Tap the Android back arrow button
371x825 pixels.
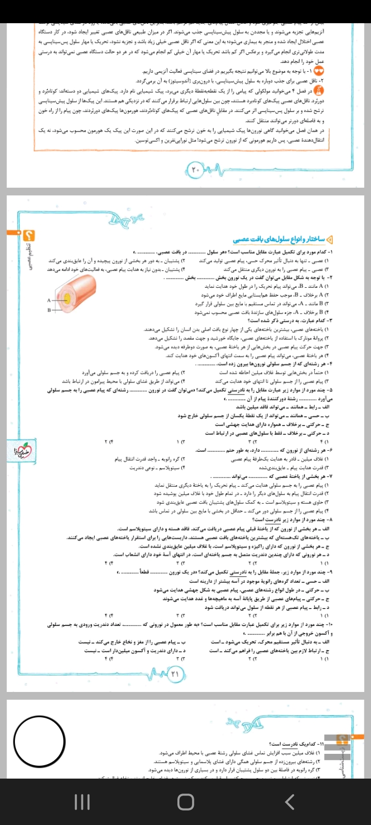point(290,801)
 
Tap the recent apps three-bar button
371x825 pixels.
point(82,801)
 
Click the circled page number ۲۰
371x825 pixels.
point(195,169)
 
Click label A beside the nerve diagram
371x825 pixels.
point(49,300)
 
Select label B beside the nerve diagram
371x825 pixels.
point(49,310)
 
